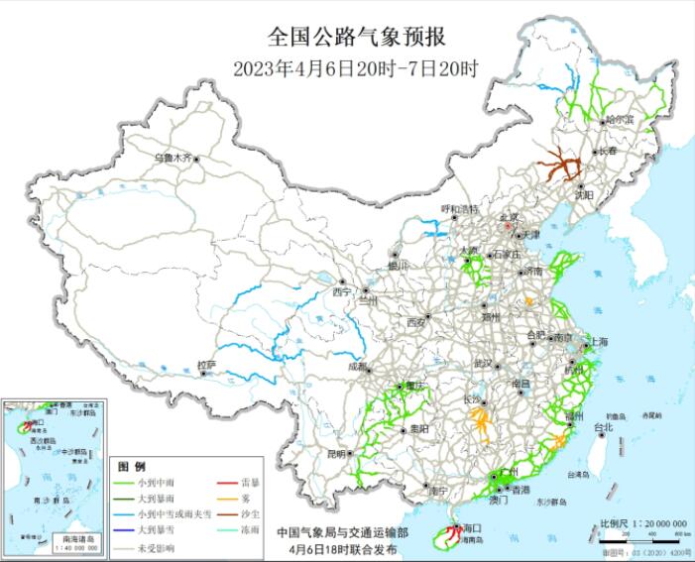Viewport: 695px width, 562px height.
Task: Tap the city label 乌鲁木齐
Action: pos(174,158)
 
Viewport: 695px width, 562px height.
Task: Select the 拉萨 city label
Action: pos(206,365)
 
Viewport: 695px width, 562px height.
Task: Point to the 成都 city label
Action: pos(357,366)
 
